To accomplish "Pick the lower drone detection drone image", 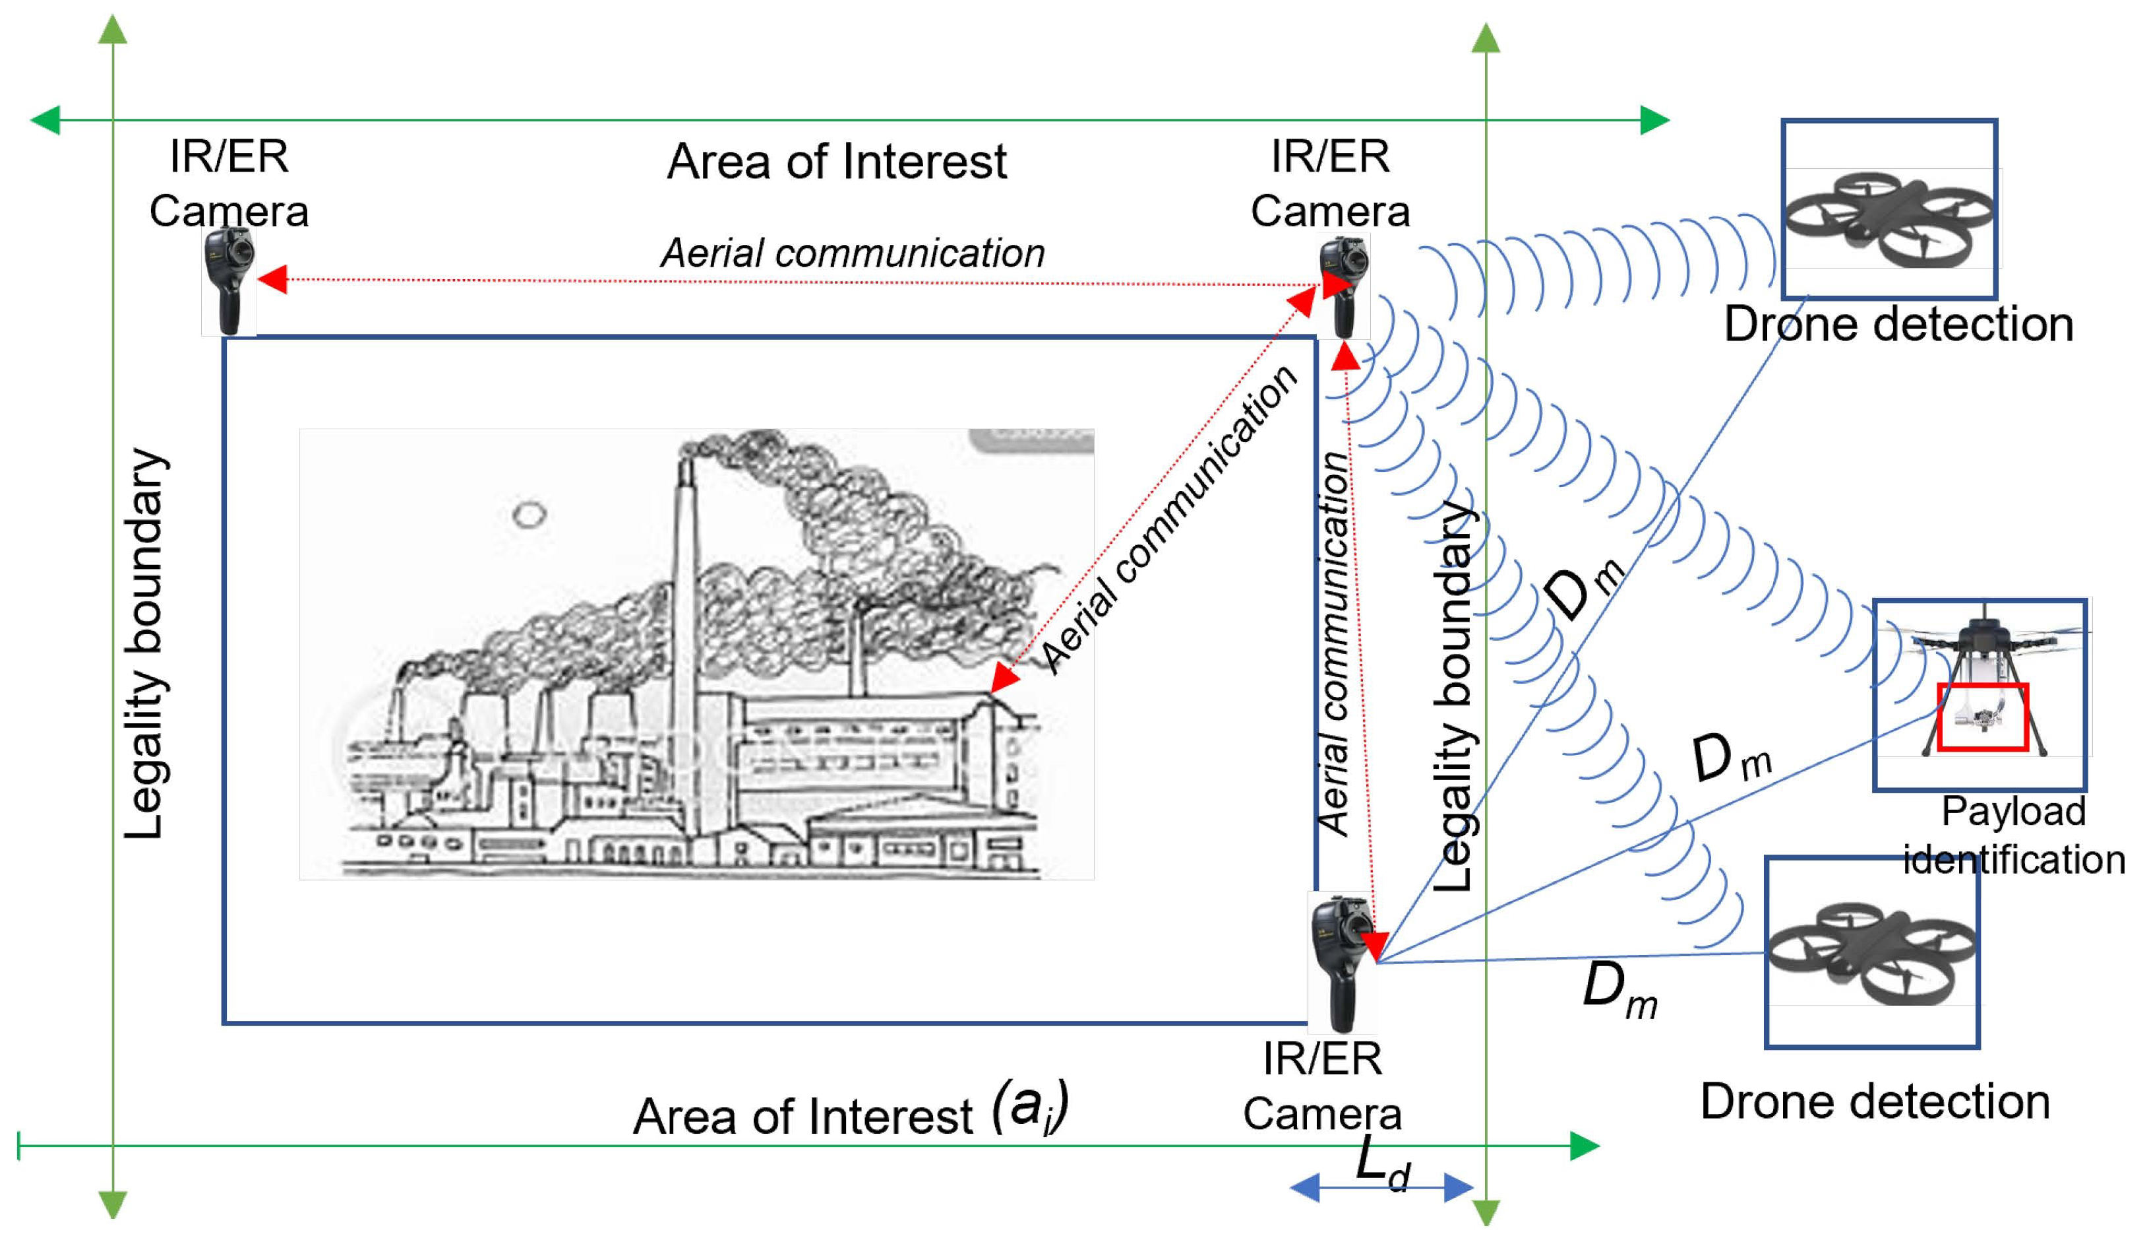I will (1871, 953).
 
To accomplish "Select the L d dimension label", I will (1382, 1163).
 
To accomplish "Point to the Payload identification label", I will (2012, 835).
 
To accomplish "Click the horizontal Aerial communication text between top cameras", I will (852, 253).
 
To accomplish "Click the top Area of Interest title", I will (836, 161).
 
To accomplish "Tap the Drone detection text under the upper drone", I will (1898, 325).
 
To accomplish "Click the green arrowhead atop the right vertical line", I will (1485, 38).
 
